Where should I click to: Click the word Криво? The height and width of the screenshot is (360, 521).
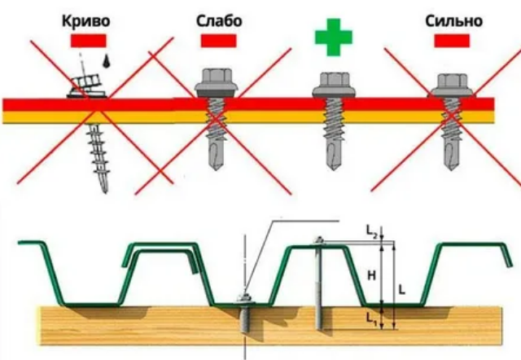click(x=85, y=21)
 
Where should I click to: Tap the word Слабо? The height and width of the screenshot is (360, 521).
click(x=219, y=21)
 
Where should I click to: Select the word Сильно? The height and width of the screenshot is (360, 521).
click(x=453, y=21)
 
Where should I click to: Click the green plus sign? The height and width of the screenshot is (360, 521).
click(x=333, y=37)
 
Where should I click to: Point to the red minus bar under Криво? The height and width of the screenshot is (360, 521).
click(x=89, y=41)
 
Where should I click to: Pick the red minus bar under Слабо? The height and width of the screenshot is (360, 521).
click(x=219, y=41)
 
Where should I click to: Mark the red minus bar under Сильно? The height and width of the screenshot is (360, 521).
click(x=452, y=41)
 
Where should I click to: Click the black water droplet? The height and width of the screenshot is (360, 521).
click(x=107, y=61)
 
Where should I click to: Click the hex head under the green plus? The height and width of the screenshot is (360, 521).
click(x=334, y=80)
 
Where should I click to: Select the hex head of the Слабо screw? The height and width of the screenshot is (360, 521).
click(x=217, y=77)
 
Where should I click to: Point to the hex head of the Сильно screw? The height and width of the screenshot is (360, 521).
click(x=452, y=81)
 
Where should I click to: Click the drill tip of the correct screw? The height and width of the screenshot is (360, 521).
click(x=333, y=156)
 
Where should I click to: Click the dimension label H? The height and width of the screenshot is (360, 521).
click(x=371, y=275)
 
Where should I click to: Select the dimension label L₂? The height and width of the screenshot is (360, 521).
click(x=371, y=230)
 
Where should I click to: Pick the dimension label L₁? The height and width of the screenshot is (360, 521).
click(x=371, y=318)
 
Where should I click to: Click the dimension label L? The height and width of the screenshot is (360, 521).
click(x=401, y=290)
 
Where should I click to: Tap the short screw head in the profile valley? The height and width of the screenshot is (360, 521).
click(x=246, y=298)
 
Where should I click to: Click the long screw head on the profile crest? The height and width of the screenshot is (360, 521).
click(x=320, y=240)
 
